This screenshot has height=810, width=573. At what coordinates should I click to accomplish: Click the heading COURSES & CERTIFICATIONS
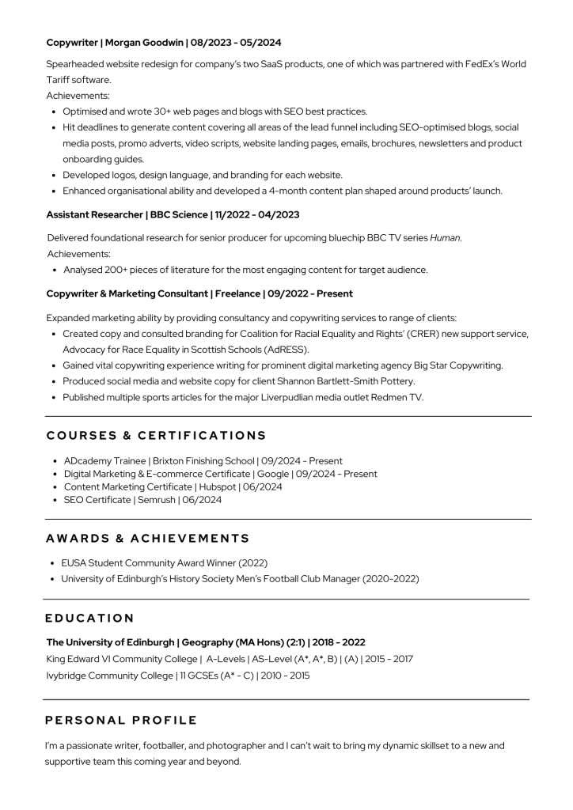point(156,436)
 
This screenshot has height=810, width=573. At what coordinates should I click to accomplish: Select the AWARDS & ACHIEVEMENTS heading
point(147,539)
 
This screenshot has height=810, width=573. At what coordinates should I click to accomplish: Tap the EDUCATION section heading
point(89,618)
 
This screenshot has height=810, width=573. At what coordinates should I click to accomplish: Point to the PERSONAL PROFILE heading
point(121,720)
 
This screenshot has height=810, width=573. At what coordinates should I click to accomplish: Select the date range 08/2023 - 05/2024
point(235,42)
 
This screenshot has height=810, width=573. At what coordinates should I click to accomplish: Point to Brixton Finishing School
point(203,460)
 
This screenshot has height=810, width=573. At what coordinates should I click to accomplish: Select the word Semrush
point(157,500)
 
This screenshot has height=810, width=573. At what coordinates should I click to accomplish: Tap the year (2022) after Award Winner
point(252,562)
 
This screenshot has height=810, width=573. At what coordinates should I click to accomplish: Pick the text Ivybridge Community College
point(109,676)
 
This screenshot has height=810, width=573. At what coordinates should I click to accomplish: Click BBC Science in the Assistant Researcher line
point(179,214)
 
